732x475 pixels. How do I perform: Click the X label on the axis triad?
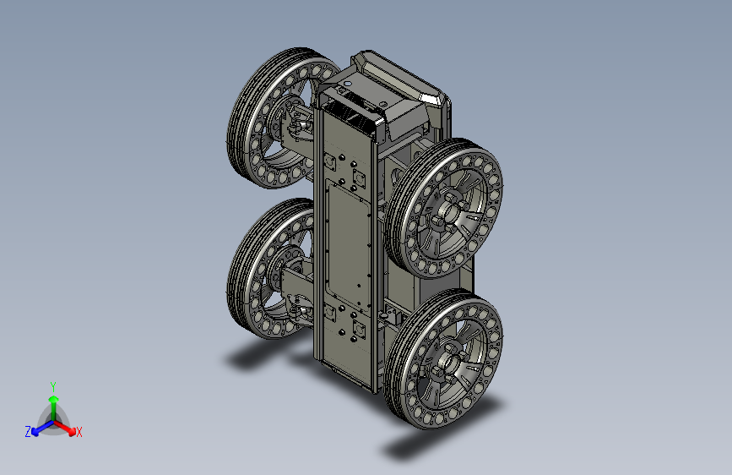[79, 432]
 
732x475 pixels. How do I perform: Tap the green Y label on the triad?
[52, 387]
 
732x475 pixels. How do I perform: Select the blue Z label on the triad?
[28, 432]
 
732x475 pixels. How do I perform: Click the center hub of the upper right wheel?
[448, 213]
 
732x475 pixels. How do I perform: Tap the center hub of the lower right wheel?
[448, 360]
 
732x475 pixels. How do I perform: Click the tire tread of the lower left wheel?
[243, 266]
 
